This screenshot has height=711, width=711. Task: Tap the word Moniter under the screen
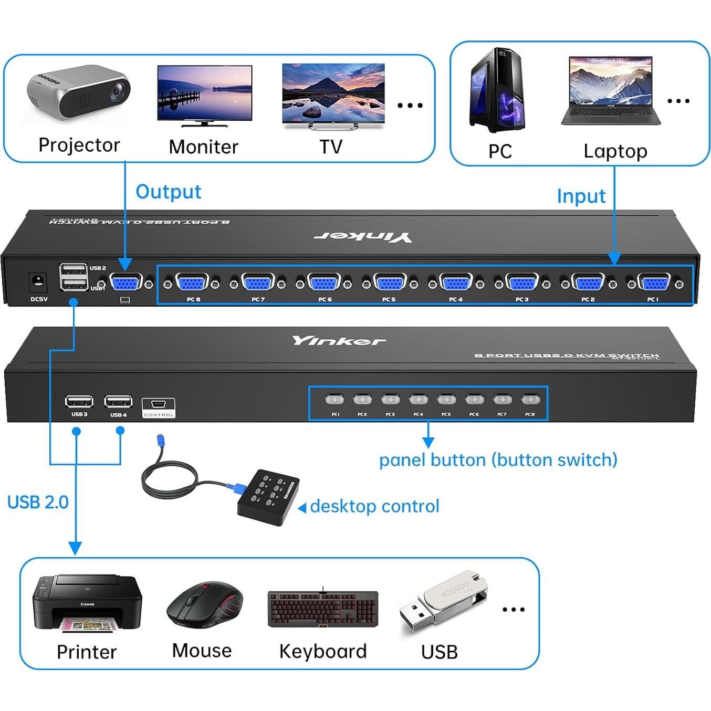click(x=203, y=147)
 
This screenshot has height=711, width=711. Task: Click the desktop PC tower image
click(x=497, y=90)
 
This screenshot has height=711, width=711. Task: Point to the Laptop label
click(x=615, y=151)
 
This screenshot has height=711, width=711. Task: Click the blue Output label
click(x=168, y=192)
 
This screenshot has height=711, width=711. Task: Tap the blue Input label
click(x=581, y=196)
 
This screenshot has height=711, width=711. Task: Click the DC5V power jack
click(x=38, y=282)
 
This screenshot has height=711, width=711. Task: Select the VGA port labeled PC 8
click(x=193, y=284)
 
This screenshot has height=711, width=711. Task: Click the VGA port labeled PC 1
click(x=653, y=284)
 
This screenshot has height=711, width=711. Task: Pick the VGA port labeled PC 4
click(x=455, y=284)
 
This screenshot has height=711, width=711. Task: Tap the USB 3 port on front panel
click(x=79, y=402)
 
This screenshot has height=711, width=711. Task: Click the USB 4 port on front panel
click(x=118, y=402)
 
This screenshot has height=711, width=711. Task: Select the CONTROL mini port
click(x=159, y=405)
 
